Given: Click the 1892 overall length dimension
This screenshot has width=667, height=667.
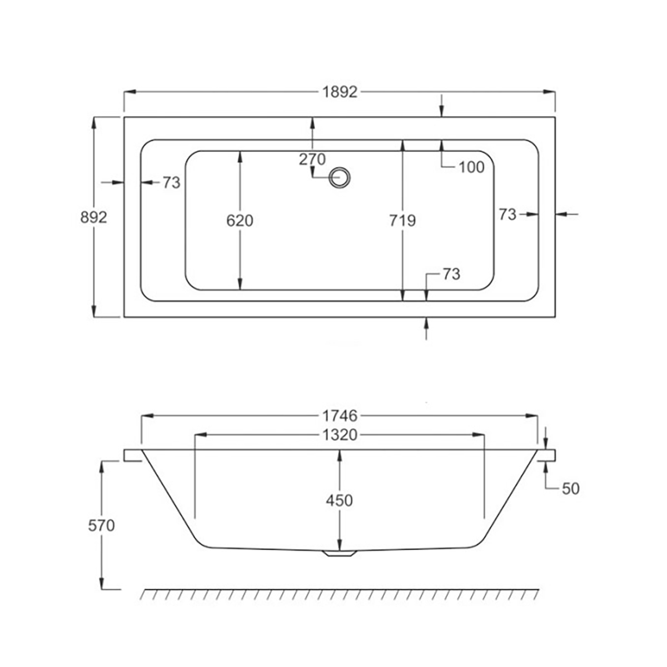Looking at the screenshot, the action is click(340, 92).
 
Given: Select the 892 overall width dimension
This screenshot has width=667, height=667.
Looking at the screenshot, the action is click(94, 217).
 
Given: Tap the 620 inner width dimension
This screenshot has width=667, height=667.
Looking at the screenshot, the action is click(240, 220).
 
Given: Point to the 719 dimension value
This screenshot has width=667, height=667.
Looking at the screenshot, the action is click(402, 220).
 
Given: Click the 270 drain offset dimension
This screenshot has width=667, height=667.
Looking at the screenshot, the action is click(312, 159).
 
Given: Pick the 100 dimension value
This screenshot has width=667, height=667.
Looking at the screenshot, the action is click(471, 167).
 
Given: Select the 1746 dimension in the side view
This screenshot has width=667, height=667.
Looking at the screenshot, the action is click(340, 416).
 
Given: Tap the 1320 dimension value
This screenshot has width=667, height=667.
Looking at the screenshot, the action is click(340, 435).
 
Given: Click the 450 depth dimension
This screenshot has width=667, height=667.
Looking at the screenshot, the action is click(340, 500).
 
